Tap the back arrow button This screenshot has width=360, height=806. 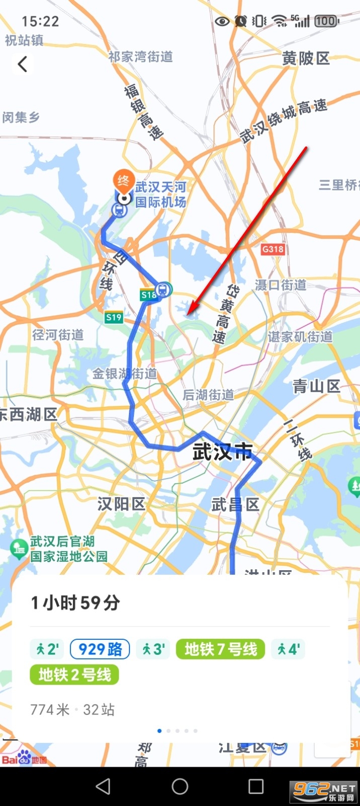(22, 64)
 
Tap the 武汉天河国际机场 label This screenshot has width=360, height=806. (161, 194)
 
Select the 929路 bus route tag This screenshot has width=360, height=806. (100, 649)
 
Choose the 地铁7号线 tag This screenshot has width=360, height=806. (221, 649)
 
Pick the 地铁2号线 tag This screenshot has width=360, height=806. (75, 675)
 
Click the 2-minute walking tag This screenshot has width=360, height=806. (47, 649)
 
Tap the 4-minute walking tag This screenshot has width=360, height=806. (288, 649)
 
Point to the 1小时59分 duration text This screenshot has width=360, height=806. (76, 602)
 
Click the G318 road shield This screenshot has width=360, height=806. (273, 249)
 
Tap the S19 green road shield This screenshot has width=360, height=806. (114, 317)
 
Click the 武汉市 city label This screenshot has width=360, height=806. (222, 452)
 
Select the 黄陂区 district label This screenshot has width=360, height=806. (306, 58)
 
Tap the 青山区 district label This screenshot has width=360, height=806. (317, 386)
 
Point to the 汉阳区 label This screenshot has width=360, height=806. (121, 504)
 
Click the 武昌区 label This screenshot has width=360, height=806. (235, 504)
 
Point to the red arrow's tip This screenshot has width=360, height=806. (188, 315)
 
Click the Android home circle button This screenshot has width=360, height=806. (180, 786)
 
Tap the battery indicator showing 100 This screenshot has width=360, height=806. (326, 21)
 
